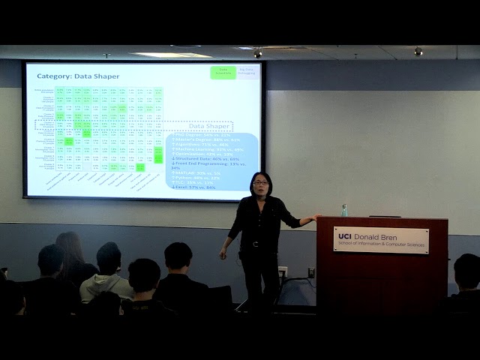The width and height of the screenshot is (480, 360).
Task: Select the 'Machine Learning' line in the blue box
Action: pyautogui.click(x=202, y=150)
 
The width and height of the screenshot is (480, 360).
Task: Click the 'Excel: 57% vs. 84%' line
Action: pyautogui.click(x=193, y=187)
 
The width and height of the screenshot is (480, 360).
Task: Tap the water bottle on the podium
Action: pyautogui.click(x=344, y=210)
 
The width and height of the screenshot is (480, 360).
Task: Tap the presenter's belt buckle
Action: pyautogui.click(x=255, y=243)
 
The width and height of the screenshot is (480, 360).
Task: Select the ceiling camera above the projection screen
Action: pyautogui.click(x=257, y=53)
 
